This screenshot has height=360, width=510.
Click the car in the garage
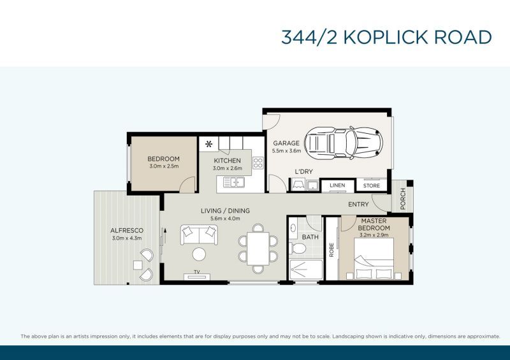click(344, 143)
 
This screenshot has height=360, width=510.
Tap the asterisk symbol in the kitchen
click(209, 144)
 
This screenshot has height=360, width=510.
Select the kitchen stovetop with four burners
click(258, 163)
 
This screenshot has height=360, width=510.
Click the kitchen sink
click(234, 182)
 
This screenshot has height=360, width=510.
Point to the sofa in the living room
click(199, 234)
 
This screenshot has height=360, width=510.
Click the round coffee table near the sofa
click(199, 254)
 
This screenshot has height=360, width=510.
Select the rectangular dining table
click(258, 248)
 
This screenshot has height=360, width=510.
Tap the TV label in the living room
click(197, 272)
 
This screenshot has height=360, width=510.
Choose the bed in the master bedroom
click(374, 259)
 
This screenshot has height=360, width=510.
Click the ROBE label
click(331, 250)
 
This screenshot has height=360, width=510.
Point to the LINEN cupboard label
click(337, 185)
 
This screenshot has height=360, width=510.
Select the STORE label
click(372, 185)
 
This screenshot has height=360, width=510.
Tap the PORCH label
click(403, 199)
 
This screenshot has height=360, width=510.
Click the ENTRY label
click(358, 205)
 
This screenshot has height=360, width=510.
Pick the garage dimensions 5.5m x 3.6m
click(286, 150)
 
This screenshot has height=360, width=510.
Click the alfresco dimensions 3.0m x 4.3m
click(127, 238)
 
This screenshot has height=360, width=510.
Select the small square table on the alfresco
click(138, 265)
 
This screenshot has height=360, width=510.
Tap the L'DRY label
click(303, 171)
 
